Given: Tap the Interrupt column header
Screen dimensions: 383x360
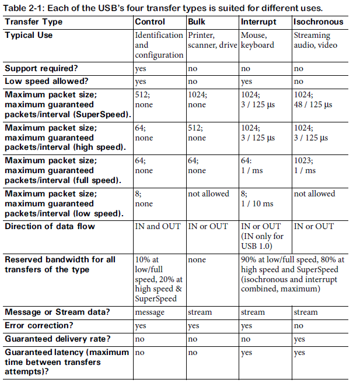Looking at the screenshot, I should (258, 22).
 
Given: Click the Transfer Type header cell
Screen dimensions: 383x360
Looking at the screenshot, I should (33, 22).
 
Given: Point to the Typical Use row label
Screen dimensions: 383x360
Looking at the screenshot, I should (29, 35).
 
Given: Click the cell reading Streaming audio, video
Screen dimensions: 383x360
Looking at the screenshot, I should (312, 40).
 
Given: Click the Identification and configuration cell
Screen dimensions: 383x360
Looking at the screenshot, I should (159, 45).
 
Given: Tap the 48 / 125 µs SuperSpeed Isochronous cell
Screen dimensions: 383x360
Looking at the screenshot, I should (313, 105).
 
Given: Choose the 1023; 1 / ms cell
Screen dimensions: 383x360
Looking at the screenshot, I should (307, 165).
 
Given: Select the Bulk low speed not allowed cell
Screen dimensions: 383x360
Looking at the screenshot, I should (209, 194).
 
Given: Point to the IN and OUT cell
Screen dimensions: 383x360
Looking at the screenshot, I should (158, 226).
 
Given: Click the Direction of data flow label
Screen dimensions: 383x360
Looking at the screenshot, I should (49, 226).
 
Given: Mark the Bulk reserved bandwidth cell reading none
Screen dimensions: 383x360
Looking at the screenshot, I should (197, 259).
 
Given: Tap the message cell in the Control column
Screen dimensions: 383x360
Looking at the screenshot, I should (150, 312).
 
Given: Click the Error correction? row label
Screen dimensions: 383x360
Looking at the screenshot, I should (38, 325).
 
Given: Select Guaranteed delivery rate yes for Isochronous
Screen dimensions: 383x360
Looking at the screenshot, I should (300, 339).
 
